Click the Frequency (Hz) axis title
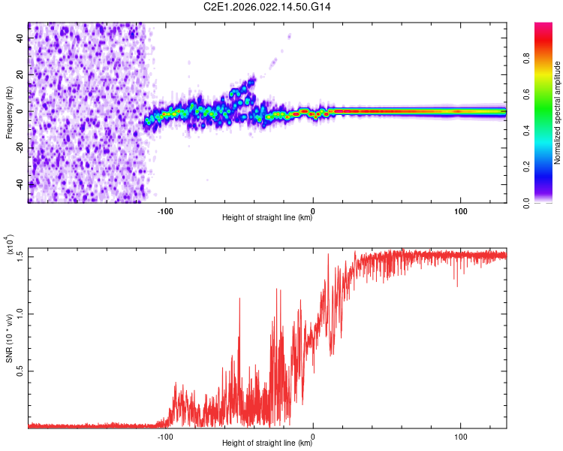click(9, 112)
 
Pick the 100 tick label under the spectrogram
click(460, 210)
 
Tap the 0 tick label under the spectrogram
click(313, 210)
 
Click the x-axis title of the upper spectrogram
click(267, 218)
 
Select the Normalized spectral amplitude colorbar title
click(558, 113)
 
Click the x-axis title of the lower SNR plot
click(267, 443)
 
